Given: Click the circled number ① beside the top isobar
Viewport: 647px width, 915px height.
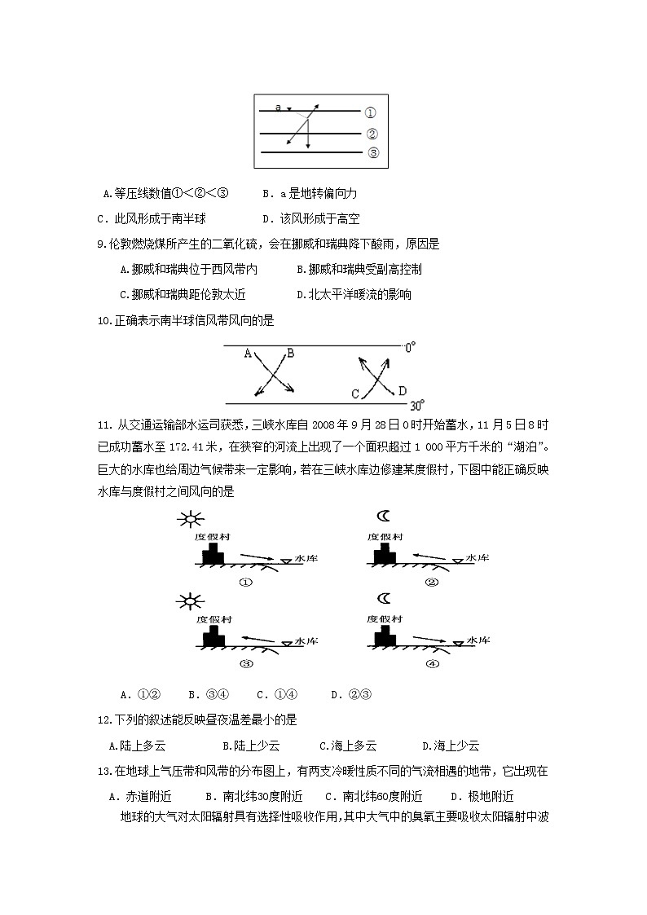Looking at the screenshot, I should point(370,113).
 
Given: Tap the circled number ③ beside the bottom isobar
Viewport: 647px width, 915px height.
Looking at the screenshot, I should point(372,152).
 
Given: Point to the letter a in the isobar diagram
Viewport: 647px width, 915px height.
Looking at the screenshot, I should point(279,108).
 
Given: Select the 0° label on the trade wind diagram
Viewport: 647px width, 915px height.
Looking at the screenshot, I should point(410,346).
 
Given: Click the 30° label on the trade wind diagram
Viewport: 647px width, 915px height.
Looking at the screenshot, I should point(416,404).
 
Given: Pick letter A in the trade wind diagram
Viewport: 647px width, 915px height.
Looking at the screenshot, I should point(249,354).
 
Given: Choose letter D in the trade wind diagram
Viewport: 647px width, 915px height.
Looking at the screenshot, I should point(402,391).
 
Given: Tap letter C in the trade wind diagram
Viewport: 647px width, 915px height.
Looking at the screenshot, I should point(355,394).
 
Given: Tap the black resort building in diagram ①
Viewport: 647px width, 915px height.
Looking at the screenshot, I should point(213,554).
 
